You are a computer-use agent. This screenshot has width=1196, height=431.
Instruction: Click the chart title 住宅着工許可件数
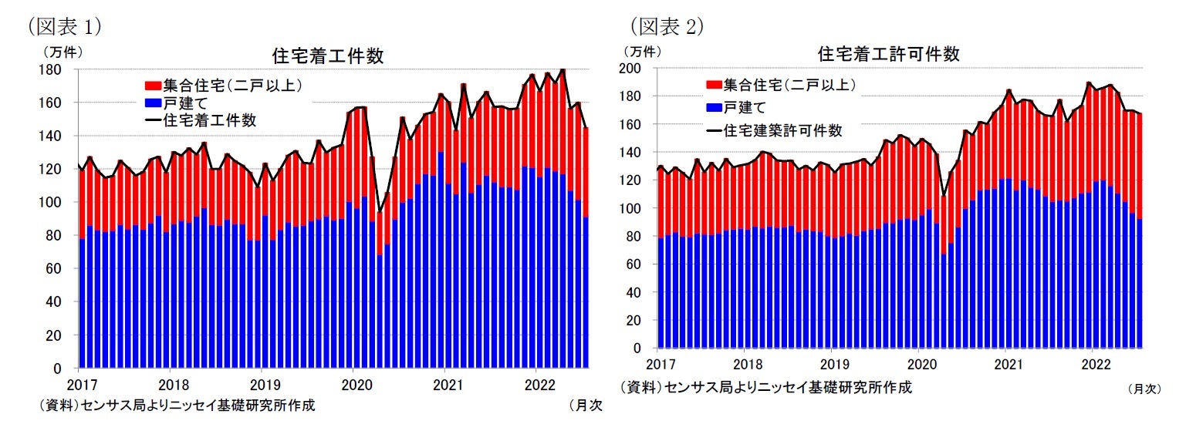tap(888, 55)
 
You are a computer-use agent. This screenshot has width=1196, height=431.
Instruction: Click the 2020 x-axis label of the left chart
tap(353, 384)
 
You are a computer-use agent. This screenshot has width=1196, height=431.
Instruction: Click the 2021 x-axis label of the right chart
tap(1005, 362)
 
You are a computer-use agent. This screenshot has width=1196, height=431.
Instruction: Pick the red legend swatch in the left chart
tap(152, 85)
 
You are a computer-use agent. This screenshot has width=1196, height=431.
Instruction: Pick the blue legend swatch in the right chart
tap(713, 107)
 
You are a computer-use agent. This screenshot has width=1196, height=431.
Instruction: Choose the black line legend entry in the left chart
tap(152, 120)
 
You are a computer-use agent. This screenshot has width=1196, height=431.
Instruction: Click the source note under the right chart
tap(765, 387)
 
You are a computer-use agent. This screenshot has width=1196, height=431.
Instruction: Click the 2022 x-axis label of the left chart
tap(535, 384)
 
